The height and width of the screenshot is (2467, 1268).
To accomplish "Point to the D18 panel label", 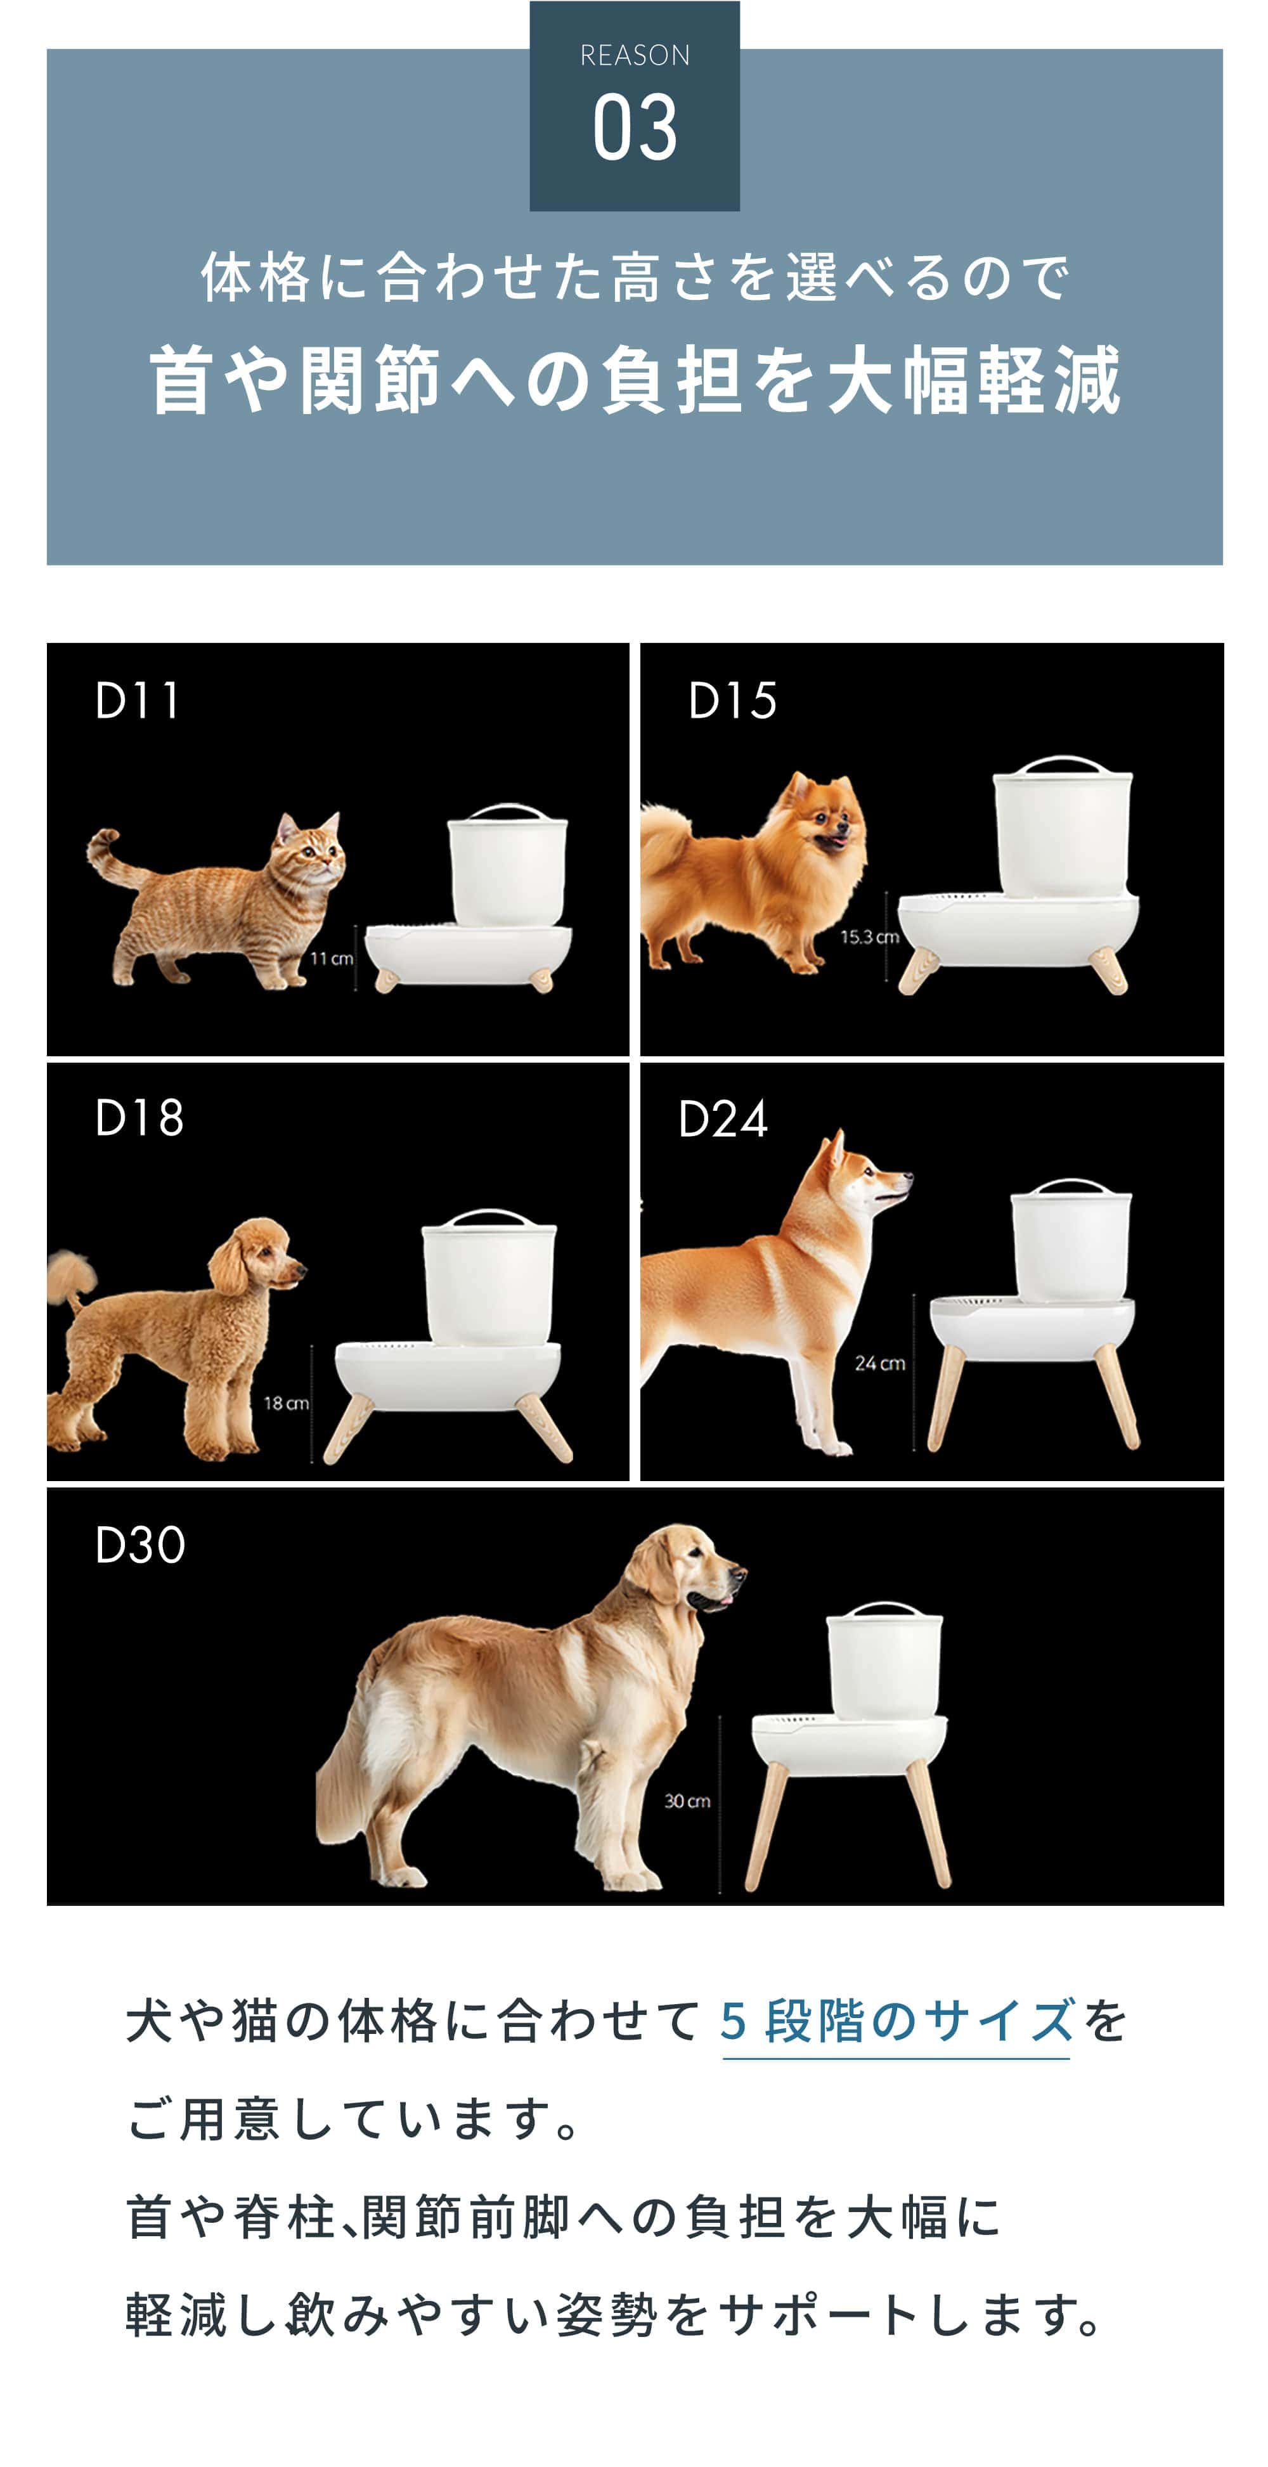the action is click(139, 1118).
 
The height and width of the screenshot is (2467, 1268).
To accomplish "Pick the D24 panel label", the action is click(722, 1118).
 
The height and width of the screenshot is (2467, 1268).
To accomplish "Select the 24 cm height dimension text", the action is click(879, 1363).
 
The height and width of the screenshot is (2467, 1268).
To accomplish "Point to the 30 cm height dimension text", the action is click(687, 1801).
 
